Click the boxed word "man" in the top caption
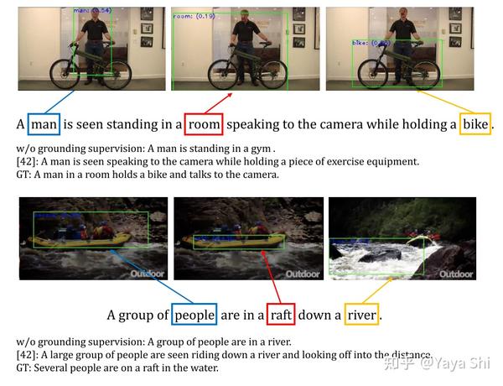44,124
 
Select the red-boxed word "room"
204,124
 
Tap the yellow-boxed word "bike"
475,124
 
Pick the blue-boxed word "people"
194,316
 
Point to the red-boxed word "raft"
281,316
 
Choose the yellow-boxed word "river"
362,316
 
